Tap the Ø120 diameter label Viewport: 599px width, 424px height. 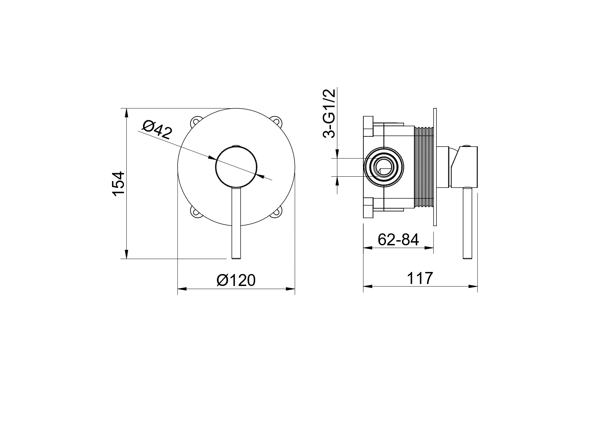click(236, 281)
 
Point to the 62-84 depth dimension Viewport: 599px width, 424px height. click(398, 240)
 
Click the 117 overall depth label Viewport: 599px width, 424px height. click(420, 278)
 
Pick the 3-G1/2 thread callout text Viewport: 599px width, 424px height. click(329, 113)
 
